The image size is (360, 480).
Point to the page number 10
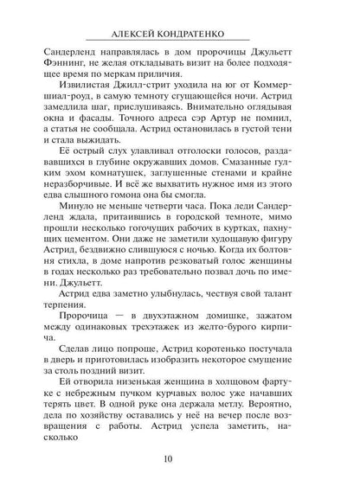point(179,458)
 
